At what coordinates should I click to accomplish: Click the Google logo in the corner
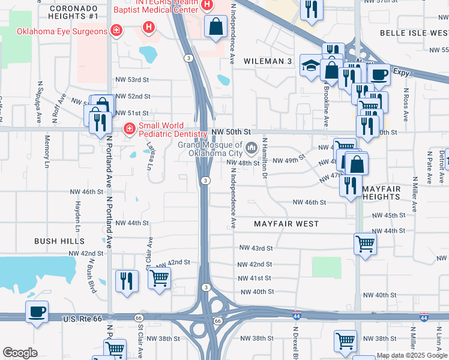20,353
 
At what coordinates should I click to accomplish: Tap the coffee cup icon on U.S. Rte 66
37,312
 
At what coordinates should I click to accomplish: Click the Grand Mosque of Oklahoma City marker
251,146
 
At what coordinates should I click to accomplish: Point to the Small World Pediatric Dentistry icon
128,128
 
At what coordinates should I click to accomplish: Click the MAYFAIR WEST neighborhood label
286,224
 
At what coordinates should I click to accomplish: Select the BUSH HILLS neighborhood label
59,241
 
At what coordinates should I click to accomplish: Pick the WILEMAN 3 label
267,61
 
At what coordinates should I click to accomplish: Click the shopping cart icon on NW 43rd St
365,244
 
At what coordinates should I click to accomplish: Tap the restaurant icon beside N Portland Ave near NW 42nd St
127,281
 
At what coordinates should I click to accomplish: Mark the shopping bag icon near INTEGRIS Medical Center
215,26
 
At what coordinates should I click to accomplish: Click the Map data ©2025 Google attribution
412,355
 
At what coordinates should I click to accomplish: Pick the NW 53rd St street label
131,80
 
